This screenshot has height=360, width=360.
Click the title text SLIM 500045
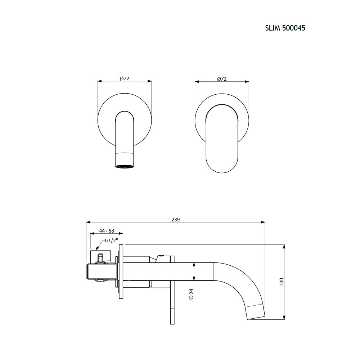(285, 28)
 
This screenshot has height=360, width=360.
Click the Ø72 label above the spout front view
(125, 78)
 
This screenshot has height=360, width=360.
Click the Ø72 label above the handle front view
(222, 79)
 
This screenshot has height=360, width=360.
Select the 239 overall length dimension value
(176, 220)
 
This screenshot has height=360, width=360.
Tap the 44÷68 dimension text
(107, 230)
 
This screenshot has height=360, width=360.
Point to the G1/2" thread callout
(111, 240)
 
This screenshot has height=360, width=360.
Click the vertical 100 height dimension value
(282, 282)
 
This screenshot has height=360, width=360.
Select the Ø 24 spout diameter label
(191, 294)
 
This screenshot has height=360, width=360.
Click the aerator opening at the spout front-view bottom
(124, 166)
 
